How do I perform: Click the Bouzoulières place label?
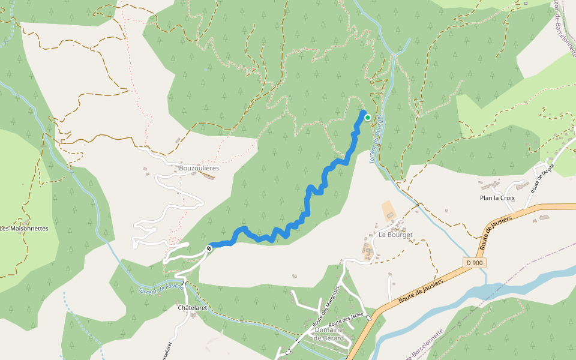point(199,168)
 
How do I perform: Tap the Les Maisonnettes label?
point(24,228)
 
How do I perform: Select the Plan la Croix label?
point(497,198)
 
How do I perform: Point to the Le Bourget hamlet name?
point(395,235)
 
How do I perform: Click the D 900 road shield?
point(475,263)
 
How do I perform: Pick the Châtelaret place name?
point(193,308)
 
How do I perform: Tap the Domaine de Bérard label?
point(328,334)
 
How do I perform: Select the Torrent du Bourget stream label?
point(376,139)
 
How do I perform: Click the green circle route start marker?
point(367,118)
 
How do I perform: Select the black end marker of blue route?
point(209,248)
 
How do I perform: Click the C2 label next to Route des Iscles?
point(368,318)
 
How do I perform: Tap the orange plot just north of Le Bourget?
point(389,210)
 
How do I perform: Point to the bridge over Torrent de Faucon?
point(185,283)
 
